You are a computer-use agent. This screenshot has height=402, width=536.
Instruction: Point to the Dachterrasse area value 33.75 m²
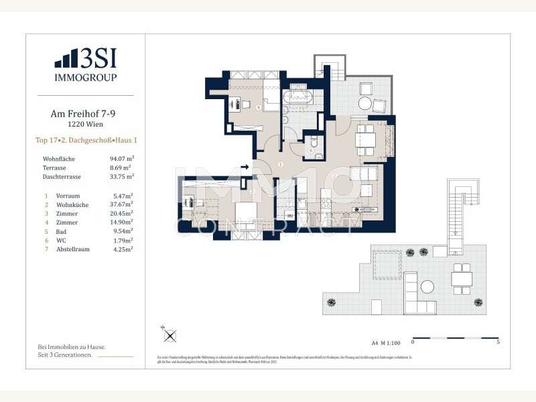121,177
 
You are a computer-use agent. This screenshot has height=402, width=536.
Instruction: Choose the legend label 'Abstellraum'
75,249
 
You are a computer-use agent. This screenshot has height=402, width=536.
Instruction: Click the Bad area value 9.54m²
121,230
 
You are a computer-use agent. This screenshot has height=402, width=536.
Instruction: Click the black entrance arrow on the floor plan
245,167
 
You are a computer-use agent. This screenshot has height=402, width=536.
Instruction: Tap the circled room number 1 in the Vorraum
281,164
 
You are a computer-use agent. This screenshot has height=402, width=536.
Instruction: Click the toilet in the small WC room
312,142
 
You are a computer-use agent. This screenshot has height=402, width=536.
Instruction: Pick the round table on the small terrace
364,104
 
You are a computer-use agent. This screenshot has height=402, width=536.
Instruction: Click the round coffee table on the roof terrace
427,287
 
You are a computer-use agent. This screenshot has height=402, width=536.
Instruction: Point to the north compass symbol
170,335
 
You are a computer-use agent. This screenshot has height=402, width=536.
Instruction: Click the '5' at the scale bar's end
497,342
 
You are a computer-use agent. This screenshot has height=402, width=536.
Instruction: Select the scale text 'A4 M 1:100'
386,342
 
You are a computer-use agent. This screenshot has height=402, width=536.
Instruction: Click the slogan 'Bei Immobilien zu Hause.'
72,347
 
